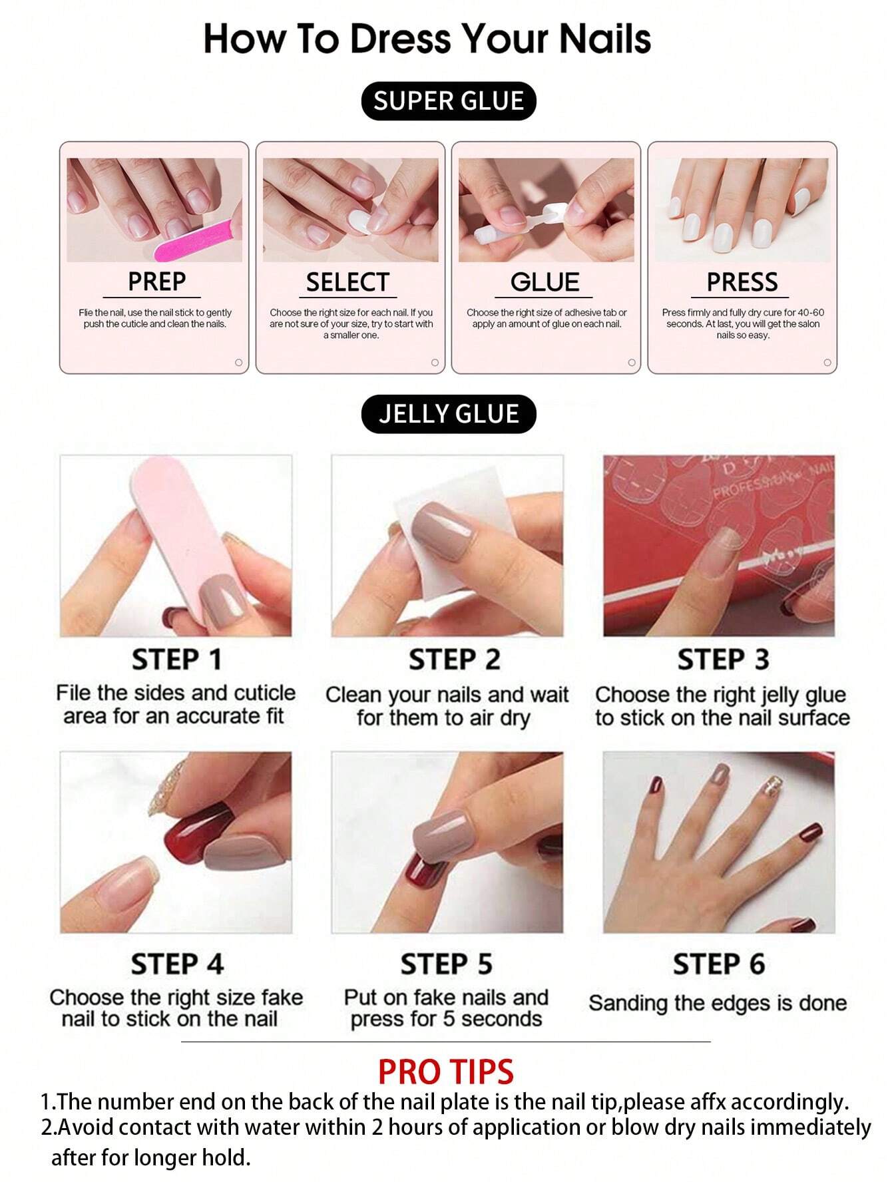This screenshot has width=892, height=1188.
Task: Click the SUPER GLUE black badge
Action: pos(448,101)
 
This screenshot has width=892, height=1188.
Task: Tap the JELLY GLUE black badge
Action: pos(448,414)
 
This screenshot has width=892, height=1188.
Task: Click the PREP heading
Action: pos(156,282)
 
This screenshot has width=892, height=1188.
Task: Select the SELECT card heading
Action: pos(347,282)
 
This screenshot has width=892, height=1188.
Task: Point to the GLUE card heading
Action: pos(545,282)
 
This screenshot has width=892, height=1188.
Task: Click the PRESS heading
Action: pos(742,282)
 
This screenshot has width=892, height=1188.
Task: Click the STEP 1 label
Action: pos(176,660)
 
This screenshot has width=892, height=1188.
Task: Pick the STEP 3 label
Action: pos(723,660)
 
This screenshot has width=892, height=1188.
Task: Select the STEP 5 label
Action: pos(446,964)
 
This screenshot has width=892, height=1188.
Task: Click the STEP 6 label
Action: pos(718,964)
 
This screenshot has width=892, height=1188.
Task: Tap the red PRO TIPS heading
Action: pos(445,1072)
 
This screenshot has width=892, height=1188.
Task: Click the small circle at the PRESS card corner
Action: pos(827,363)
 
